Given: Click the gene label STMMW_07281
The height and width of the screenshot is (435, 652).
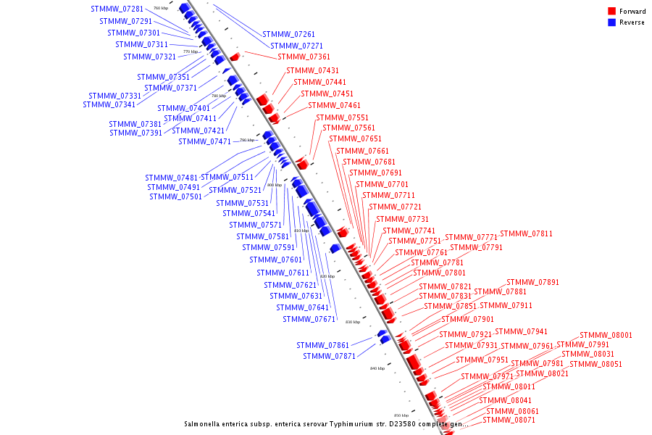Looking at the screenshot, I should pos(117,9).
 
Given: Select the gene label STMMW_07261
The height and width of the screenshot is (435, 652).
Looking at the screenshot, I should pos(288,34).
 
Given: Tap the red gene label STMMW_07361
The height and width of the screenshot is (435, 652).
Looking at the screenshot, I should pos(304,57).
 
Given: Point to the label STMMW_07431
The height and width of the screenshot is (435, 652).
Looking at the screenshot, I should pos(312,70).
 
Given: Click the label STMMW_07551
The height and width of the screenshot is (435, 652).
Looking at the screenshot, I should pos(342,117).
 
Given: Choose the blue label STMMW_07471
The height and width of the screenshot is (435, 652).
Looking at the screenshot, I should pos(204,141).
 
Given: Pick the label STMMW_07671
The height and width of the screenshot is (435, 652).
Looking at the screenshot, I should pos(309,319).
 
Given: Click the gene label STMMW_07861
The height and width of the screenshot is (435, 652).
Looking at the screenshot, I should pos(322,345).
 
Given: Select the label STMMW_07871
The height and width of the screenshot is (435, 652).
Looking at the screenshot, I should pos(329,356).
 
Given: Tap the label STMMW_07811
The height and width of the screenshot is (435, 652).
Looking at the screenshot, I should pos(526,233).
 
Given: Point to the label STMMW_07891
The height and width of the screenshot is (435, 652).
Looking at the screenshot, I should pos(532,282).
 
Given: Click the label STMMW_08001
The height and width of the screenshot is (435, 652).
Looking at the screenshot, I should pos(606,335).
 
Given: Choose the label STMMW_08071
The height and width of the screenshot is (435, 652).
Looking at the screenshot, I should pos(509,420).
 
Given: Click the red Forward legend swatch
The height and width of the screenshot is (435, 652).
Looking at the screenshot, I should pos(611,12).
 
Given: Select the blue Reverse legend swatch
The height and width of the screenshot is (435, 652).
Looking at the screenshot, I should pos(611,22).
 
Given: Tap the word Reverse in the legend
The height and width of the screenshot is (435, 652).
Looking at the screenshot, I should pos(632,22).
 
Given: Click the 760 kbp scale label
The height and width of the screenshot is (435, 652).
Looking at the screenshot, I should pos(160,8).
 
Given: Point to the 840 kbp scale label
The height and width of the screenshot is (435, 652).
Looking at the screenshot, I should pos(377,368).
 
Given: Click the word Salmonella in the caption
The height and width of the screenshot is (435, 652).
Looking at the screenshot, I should pos(204,423).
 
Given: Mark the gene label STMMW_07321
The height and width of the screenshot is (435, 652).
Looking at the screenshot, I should pos(149,57).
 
